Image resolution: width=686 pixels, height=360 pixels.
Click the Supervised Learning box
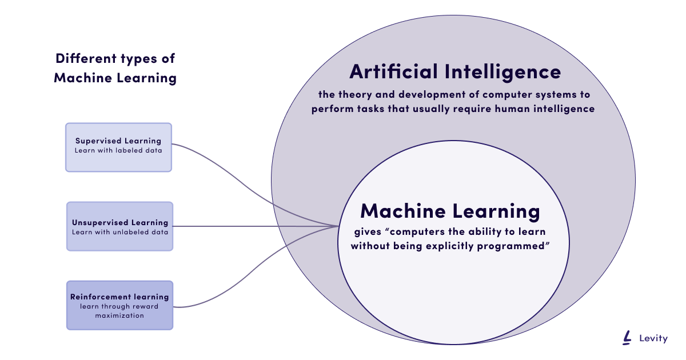118,147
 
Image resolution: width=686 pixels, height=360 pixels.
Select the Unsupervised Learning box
119,226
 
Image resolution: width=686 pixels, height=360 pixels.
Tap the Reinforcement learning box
119,305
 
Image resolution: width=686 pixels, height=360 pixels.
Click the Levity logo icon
628,338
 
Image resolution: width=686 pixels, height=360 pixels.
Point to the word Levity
653,339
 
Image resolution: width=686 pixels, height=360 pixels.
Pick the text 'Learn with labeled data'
118,151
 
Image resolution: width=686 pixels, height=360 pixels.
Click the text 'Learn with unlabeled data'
119,232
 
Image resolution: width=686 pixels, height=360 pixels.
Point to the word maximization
119,315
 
